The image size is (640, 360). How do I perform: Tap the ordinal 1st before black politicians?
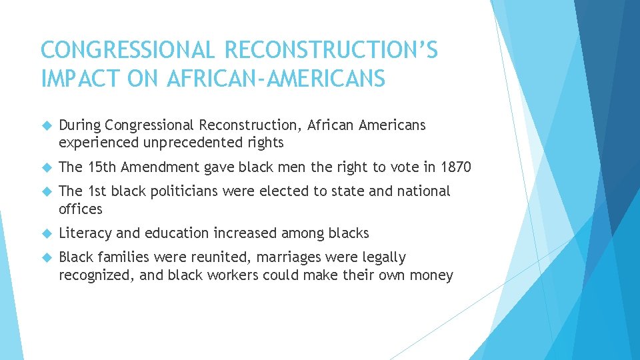tap(98, 191)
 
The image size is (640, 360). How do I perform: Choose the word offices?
tap(81, 209)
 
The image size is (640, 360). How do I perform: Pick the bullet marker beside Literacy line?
tap(47, 233)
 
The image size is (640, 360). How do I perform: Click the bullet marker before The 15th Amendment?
tap(47, 167)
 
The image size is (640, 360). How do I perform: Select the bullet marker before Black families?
tap(47, 257)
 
